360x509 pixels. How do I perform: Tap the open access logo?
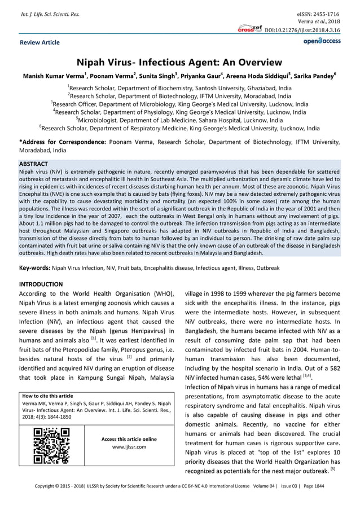(x=322, y=41)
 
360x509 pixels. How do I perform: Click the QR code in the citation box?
(x=51, y=446)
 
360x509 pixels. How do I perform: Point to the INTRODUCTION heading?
(x=41, y=283)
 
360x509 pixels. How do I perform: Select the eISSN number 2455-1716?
(x=325, y=13)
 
